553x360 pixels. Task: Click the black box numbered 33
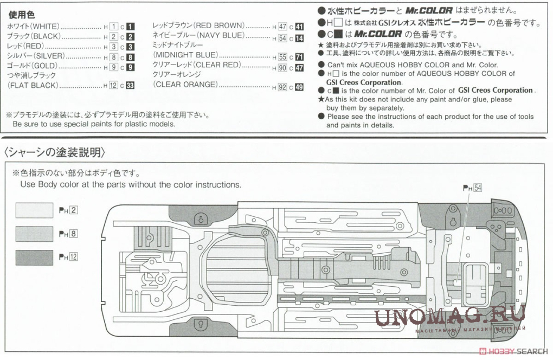pos(130,86)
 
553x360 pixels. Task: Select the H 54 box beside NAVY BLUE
pos(282,38)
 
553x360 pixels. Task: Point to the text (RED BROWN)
pos(219,26)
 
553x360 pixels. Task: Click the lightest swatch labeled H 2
pos(34,210)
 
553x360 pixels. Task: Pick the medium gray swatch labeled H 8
pos(34,234)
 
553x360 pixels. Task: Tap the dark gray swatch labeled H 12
pos(34,257)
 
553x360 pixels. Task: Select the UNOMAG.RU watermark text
pos(449,314)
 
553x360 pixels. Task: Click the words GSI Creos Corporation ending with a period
pos(363,82)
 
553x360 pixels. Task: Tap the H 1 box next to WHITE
pos(113,27)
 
